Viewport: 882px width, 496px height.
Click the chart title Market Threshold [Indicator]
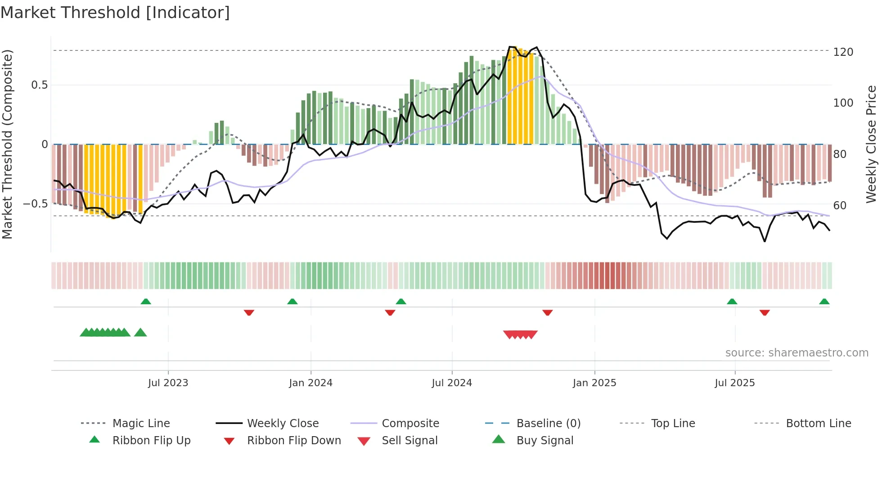115,13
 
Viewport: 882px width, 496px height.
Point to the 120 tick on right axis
843,52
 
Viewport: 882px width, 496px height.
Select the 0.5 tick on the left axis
40,85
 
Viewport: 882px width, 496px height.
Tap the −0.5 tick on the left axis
36,204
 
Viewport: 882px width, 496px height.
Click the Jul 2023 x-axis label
168,383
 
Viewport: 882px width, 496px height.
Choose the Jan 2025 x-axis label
594,383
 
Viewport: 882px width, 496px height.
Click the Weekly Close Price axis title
871,144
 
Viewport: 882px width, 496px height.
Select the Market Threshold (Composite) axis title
7,144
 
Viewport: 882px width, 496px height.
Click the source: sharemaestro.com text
796,353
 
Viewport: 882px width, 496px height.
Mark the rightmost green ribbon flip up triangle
824,302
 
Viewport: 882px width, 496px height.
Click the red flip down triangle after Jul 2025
764,312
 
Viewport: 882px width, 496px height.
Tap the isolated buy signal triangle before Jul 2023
140,333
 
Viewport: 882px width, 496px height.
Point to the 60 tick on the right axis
840,206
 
